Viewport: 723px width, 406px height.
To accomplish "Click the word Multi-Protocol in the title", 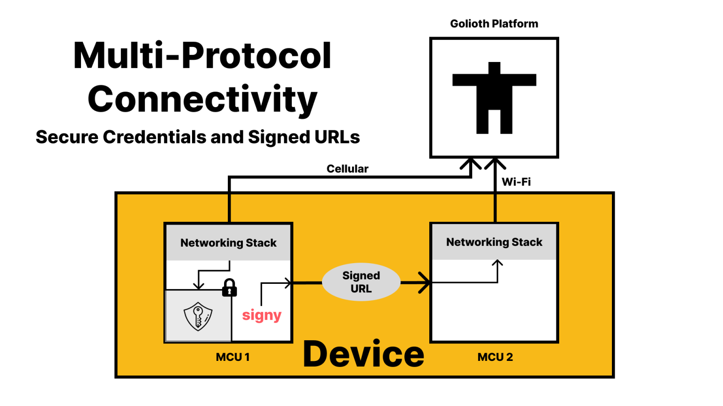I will (x=202, y=56).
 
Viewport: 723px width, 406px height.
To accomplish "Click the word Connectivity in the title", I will (x=202, y=99).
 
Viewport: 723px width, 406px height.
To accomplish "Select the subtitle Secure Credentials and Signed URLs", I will (x=198, y=137).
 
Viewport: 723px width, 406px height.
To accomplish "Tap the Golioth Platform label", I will (x=494, y=24).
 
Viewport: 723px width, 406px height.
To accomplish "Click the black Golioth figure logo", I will (x=494, y=98).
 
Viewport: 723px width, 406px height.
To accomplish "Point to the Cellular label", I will (x=347, y=169).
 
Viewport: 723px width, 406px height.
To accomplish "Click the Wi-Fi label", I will (x=516, y=182).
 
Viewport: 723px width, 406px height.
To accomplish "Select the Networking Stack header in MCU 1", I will (x=228, y=243).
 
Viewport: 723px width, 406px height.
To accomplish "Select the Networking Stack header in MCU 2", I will (x=494, y=242).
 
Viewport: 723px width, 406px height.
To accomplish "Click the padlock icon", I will (x=229, y=288).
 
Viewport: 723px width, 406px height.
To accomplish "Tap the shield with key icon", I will (x=198, y=316).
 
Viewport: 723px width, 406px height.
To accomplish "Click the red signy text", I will (x=262, y=315).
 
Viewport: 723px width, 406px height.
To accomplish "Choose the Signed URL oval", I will (x=361, y=282).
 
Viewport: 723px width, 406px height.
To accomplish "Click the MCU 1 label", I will (x=233, y=357).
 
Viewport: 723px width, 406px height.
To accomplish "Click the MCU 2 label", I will (x=495, y=357).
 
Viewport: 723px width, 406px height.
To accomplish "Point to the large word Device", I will (x=363, y=354).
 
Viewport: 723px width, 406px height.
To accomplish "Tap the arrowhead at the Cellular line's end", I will (x=471, y=164).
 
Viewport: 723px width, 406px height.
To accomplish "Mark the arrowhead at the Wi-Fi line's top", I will (x=495, y=163).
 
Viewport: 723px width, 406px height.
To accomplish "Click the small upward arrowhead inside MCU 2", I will (x=498, y=263).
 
